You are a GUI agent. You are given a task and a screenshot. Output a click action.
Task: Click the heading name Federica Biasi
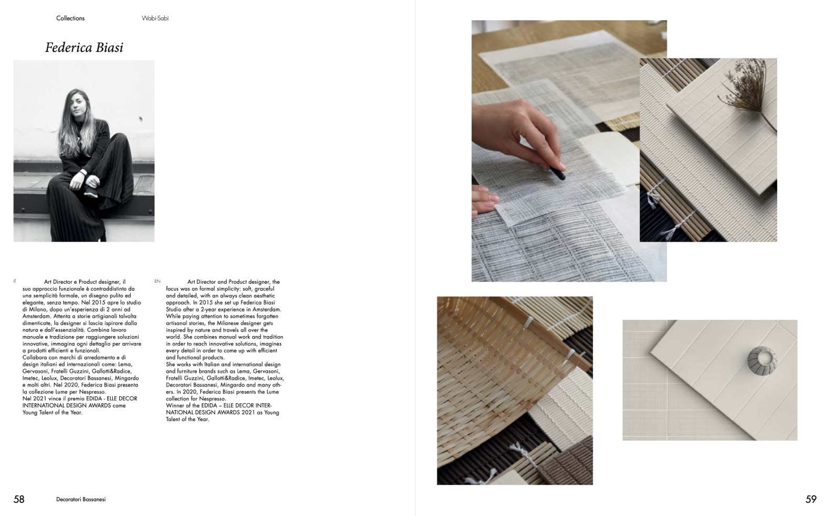click(x=84, y=47)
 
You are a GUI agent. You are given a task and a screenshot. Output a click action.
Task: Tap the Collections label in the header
click(x=70, y=18)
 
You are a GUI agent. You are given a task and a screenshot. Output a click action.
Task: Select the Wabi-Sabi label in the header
click(x=155, y=18)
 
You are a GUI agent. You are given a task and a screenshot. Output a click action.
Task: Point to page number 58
click(x=19, y=499)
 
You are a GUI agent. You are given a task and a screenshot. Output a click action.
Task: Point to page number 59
click(x=811, y=499)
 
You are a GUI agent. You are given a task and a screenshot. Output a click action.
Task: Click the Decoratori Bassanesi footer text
click(x=81, y=499)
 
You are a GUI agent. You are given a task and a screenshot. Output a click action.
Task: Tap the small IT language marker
click(x=15, y=281)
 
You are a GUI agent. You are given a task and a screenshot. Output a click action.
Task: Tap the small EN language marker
click(x=157, y=281)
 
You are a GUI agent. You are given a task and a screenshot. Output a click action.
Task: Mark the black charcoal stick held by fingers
click(x=557, y=173)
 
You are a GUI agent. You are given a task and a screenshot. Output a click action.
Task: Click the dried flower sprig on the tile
click(x=747, y=97)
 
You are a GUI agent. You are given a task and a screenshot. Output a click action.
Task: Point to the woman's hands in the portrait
click(x=85, y=180)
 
